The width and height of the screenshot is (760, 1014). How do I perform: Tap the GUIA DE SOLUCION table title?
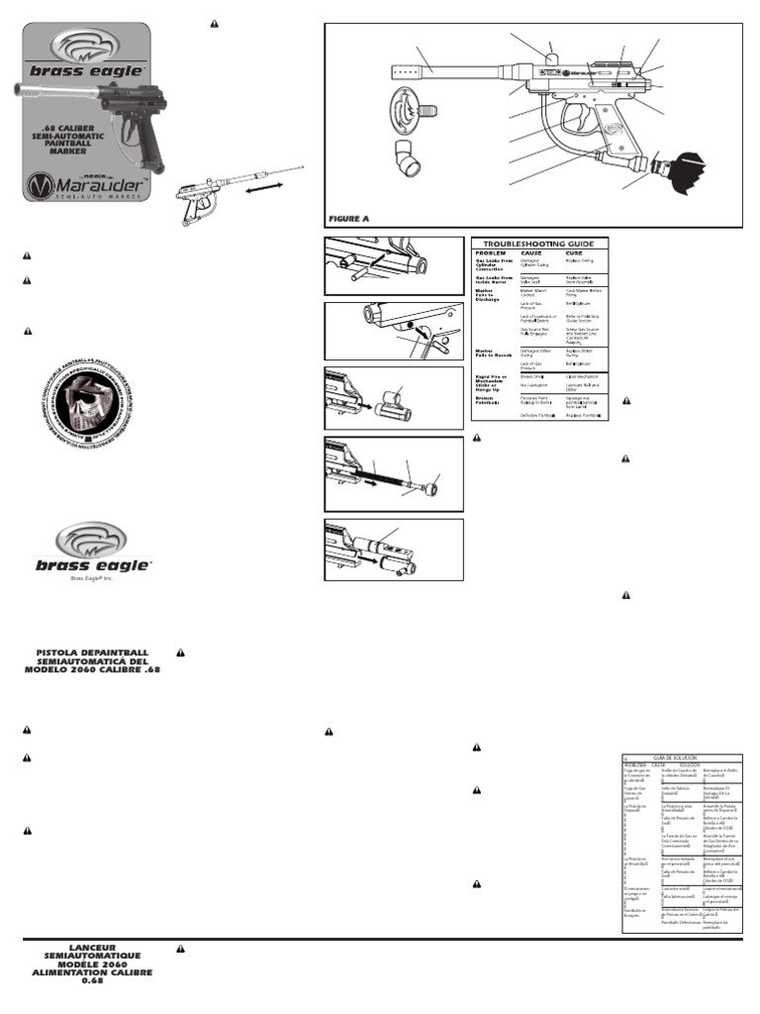(x=681, y=757)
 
